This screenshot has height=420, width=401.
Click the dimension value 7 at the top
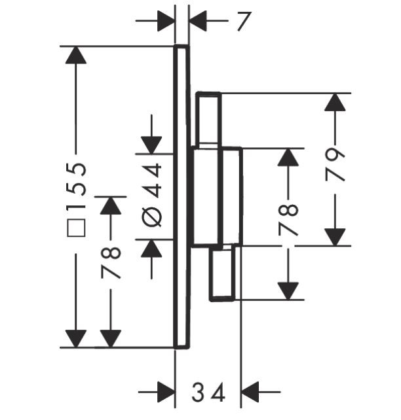coord(244,22)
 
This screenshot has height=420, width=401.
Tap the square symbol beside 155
coord(77,229)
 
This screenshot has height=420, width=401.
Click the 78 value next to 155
coord(112,263)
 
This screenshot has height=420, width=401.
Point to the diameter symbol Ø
coord(152,217)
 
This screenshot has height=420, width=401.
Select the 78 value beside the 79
coord(289,219)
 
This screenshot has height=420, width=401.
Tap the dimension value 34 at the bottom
coord(208,393)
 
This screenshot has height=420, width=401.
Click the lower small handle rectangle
coord(222,273)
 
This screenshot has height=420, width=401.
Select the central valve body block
coord(216,197)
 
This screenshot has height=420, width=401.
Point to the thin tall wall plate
coord(181,196)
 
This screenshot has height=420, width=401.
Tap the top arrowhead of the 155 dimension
coord(77,54)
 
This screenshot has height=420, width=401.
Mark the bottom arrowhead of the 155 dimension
coord(77,338)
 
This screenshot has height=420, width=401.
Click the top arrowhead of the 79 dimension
coord(335,102)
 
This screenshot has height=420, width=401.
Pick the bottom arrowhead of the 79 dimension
coord(335,237)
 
